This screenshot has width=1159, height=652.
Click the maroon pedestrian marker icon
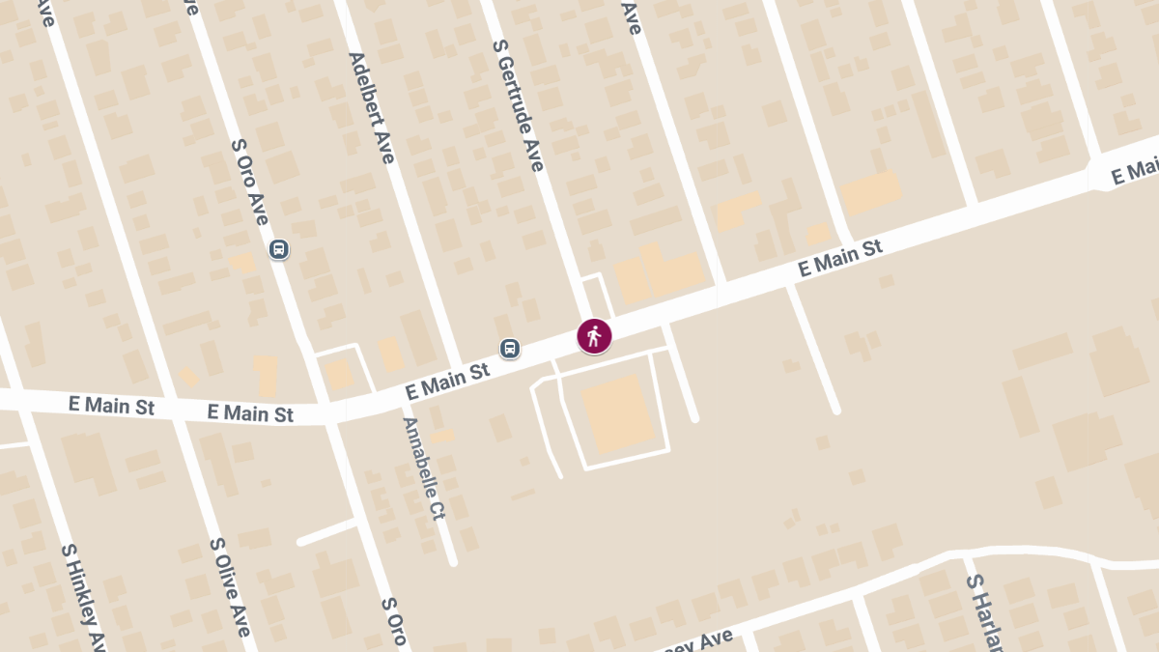coord(594,336)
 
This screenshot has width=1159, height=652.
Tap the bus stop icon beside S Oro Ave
coord(278,249)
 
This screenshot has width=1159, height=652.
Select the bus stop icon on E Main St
coord(510,348)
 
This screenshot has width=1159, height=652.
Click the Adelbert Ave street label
coord(372,107)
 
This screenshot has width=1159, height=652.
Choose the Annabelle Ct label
coord(424,468)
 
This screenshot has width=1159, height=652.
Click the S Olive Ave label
coord(230,586)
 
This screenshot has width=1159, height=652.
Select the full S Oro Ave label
coord(250,182)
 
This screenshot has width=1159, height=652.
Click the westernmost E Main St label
coord(111,405)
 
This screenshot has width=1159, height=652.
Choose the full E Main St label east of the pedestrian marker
coord(840,260)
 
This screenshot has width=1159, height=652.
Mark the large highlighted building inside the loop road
coord(618,413)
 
